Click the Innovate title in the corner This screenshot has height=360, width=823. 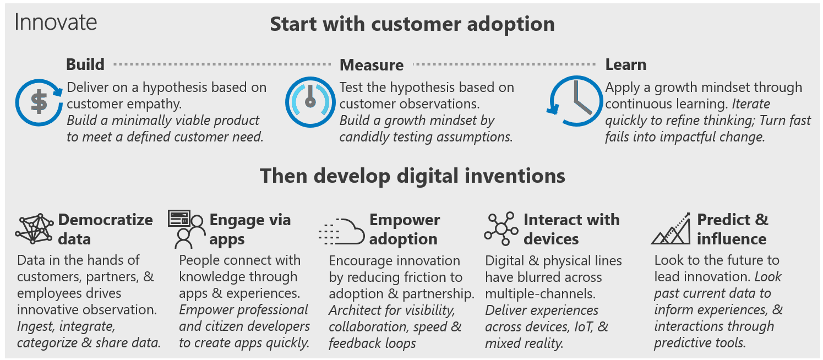pos(56,22)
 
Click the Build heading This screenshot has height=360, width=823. pos(85,64)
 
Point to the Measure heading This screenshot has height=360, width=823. pos(372,65)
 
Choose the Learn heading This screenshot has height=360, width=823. pos(626,64)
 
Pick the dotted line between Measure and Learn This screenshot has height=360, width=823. pos(504,64)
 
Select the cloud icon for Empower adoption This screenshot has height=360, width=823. pos(342,231)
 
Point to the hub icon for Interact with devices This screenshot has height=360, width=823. pos(502,228)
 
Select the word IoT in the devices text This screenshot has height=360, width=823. pos(579,326)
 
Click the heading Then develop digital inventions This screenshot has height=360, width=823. pos(412,176)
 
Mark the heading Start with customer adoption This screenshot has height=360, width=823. pos(412,25)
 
